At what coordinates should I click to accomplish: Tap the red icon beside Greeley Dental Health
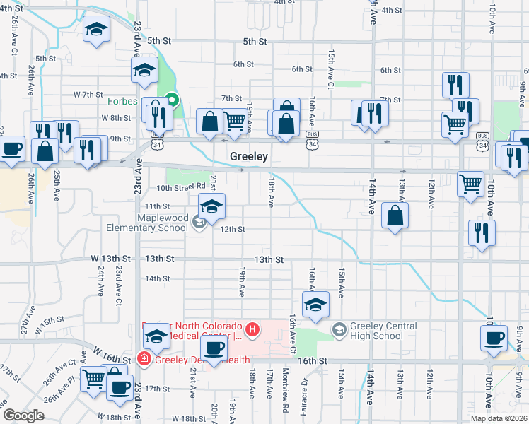pos(144,359)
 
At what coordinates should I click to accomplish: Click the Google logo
pos(23,416)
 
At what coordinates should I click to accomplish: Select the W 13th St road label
pos(113,259)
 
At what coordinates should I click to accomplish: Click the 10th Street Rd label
pos(180,188)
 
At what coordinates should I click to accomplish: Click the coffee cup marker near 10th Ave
pos(493,337)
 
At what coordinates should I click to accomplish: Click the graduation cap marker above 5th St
pos(96,30)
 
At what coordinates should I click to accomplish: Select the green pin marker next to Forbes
pos(170,101)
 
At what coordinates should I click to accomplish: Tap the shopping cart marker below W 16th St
pos(93,379)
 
